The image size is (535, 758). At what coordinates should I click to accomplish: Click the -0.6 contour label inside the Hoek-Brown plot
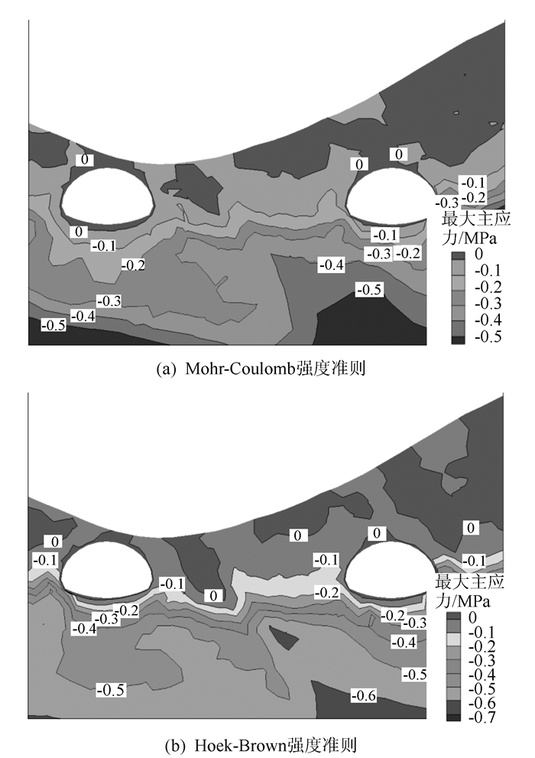coord(365,695)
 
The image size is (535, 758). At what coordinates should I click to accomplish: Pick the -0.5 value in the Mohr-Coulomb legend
coord(485,337)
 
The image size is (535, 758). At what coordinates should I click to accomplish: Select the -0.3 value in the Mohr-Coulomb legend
coord(485,304)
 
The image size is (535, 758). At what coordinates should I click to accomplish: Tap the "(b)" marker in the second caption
coord(166,743)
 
